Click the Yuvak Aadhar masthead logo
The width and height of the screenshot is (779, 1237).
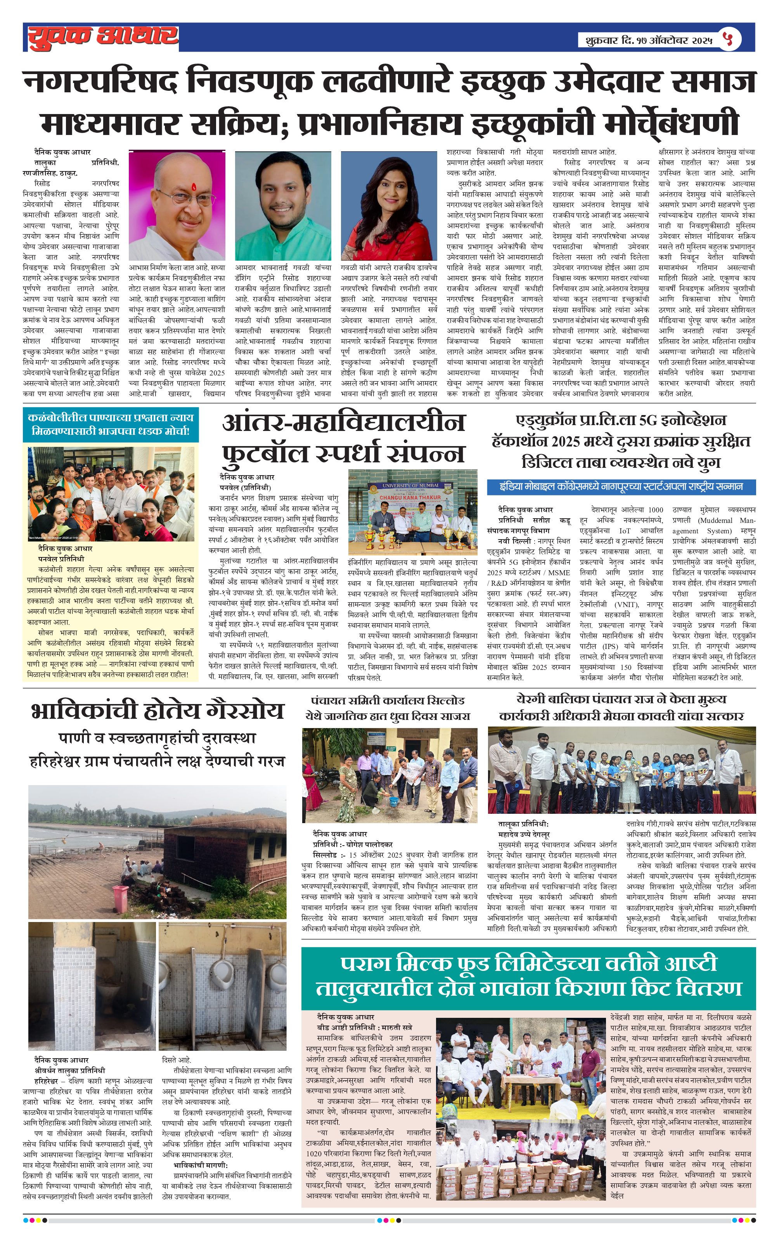pos(103,37)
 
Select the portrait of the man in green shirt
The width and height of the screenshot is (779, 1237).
pos(283,206)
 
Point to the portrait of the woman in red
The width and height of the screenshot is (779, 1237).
pos(389,206)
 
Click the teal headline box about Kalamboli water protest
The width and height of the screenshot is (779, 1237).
pos(111,425)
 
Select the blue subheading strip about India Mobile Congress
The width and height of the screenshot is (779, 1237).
pos(621,486)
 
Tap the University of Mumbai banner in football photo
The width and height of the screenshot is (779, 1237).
pos(410,485)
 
